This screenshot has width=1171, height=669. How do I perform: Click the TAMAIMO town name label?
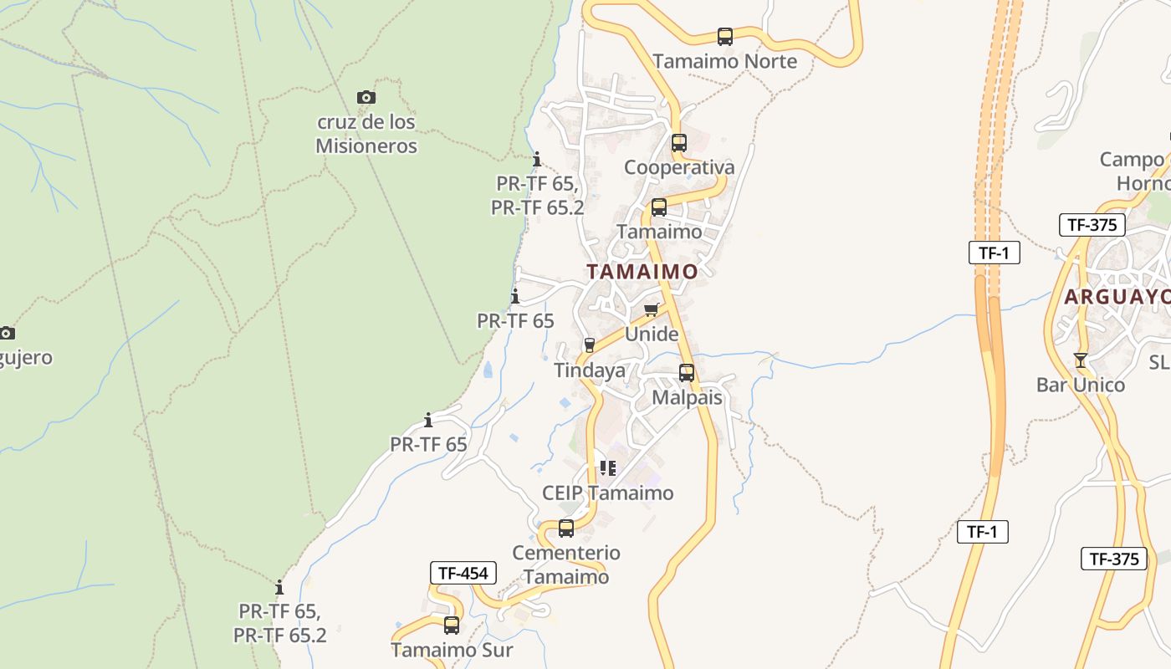[642, 272]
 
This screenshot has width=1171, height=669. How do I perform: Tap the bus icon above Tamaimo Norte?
[724, 37]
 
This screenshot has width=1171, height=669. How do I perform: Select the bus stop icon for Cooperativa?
[678, 143]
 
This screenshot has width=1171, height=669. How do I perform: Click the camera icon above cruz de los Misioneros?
[366, 98]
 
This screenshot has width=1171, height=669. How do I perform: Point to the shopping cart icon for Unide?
[652, 310]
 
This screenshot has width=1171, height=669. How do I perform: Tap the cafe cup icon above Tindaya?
[589, 345]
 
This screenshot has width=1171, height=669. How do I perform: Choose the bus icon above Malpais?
[686, 373]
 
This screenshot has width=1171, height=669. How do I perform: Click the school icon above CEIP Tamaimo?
[607, 468]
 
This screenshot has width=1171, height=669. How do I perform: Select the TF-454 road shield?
[463, 573]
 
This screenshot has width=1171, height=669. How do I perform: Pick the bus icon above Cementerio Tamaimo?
[566, 529]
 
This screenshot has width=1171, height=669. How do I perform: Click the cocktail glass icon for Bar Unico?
[1080, 360]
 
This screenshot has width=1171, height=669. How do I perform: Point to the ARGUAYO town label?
[1117, 297]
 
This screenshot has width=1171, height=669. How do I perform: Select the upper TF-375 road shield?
[1092, 225]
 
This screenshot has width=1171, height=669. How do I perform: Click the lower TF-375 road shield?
[1114, 559]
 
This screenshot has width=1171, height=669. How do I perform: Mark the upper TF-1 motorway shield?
[994, 253]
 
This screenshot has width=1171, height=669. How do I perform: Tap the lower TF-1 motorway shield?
[982, 531]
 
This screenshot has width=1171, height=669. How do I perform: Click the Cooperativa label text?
[679, 167]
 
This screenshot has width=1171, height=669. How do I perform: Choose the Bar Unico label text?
[1081, 385]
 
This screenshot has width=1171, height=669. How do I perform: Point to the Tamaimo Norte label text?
[724, 61]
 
